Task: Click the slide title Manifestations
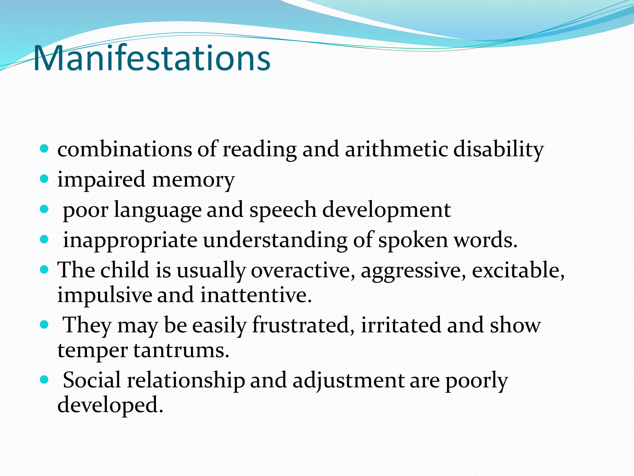click(x=152, y=58)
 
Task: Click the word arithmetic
click(x=396, y=149)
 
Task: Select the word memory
click(x=193, y=180)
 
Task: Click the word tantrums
click(x=181, y=350)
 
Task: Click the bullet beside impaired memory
click(x=45, y=179)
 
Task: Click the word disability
click(x=498, y=149)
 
